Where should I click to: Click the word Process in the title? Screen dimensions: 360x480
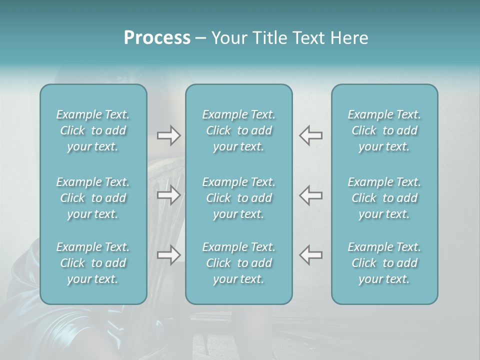[157, 38]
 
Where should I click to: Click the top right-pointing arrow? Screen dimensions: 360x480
[169, 135]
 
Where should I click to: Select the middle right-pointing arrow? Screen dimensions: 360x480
[169, 195]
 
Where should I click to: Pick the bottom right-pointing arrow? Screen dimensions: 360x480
[169, 255]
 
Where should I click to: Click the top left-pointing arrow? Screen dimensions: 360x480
[311, 135]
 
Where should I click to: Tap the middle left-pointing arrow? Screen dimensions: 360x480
[311, 195]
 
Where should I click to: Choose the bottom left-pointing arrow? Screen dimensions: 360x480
[311, 255]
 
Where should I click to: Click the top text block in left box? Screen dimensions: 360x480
[93, 130]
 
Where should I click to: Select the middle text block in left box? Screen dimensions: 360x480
[93, 198]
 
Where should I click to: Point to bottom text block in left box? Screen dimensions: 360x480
[93, 263]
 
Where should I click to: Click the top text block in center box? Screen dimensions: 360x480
[239, 130]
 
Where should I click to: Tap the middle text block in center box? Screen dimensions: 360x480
[239, 198]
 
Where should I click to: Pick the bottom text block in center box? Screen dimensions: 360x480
[239, 263]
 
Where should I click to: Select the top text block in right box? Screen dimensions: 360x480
[384, 130]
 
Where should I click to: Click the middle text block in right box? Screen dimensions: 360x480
[384, 198]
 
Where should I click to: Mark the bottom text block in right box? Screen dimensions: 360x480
[384, 263]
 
